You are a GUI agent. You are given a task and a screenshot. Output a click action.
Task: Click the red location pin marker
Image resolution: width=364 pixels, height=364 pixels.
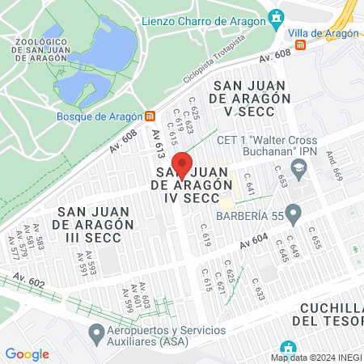182,165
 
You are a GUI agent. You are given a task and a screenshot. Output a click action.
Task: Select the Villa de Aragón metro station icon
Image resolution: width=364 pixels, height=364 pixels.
301,45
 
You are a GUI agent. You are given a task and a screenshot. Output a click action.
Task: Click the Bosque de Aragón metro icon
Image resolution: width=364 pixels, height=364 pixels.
149,116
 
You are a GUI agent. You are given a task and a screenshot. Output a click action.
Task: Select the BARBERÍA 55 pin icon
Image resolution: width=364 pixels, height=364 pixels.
294,214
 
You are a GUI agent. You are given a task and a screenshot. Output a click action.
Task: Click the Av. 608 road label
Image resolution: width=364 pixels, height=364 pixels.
274,57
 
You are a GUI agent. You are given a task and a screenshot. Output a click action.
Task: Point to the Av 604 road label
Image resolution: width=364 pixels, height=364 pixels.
253,240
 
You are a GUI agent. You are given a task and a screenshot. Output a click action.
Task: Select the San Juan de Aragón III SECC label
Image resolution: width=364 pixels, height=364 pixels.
93,218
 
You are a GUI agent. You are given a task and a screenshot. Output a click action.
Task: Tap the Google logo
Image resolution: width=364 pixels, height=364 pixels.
27,354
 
